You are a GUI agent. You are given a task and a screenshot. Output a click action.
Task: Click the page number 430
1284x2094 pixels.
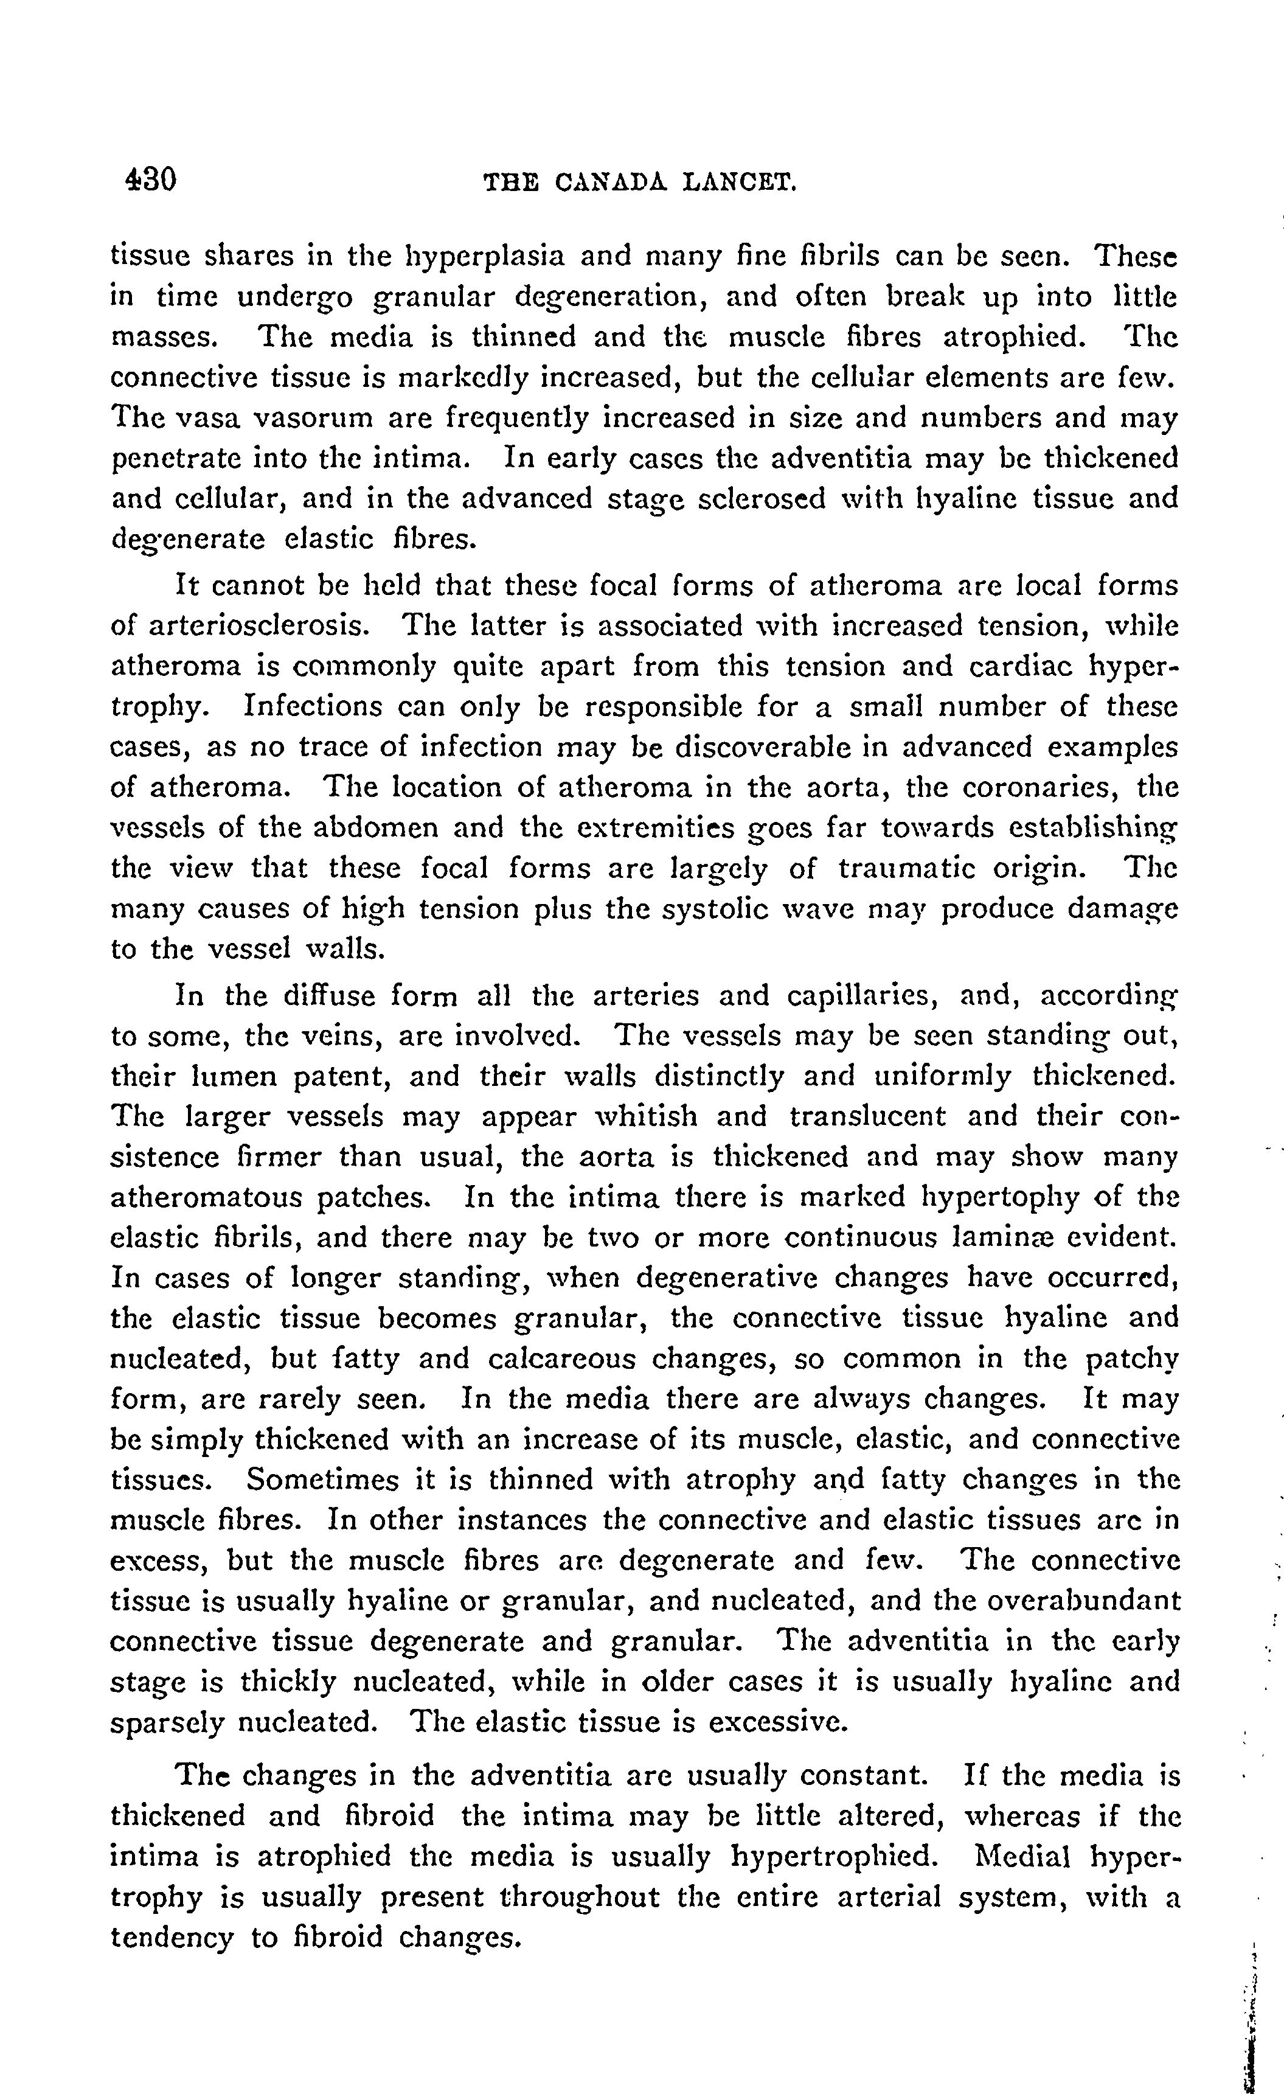click(150, 180)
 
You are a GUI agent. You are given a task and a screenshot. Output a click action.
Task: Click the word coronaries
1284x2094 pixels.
click(1040, 788)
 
